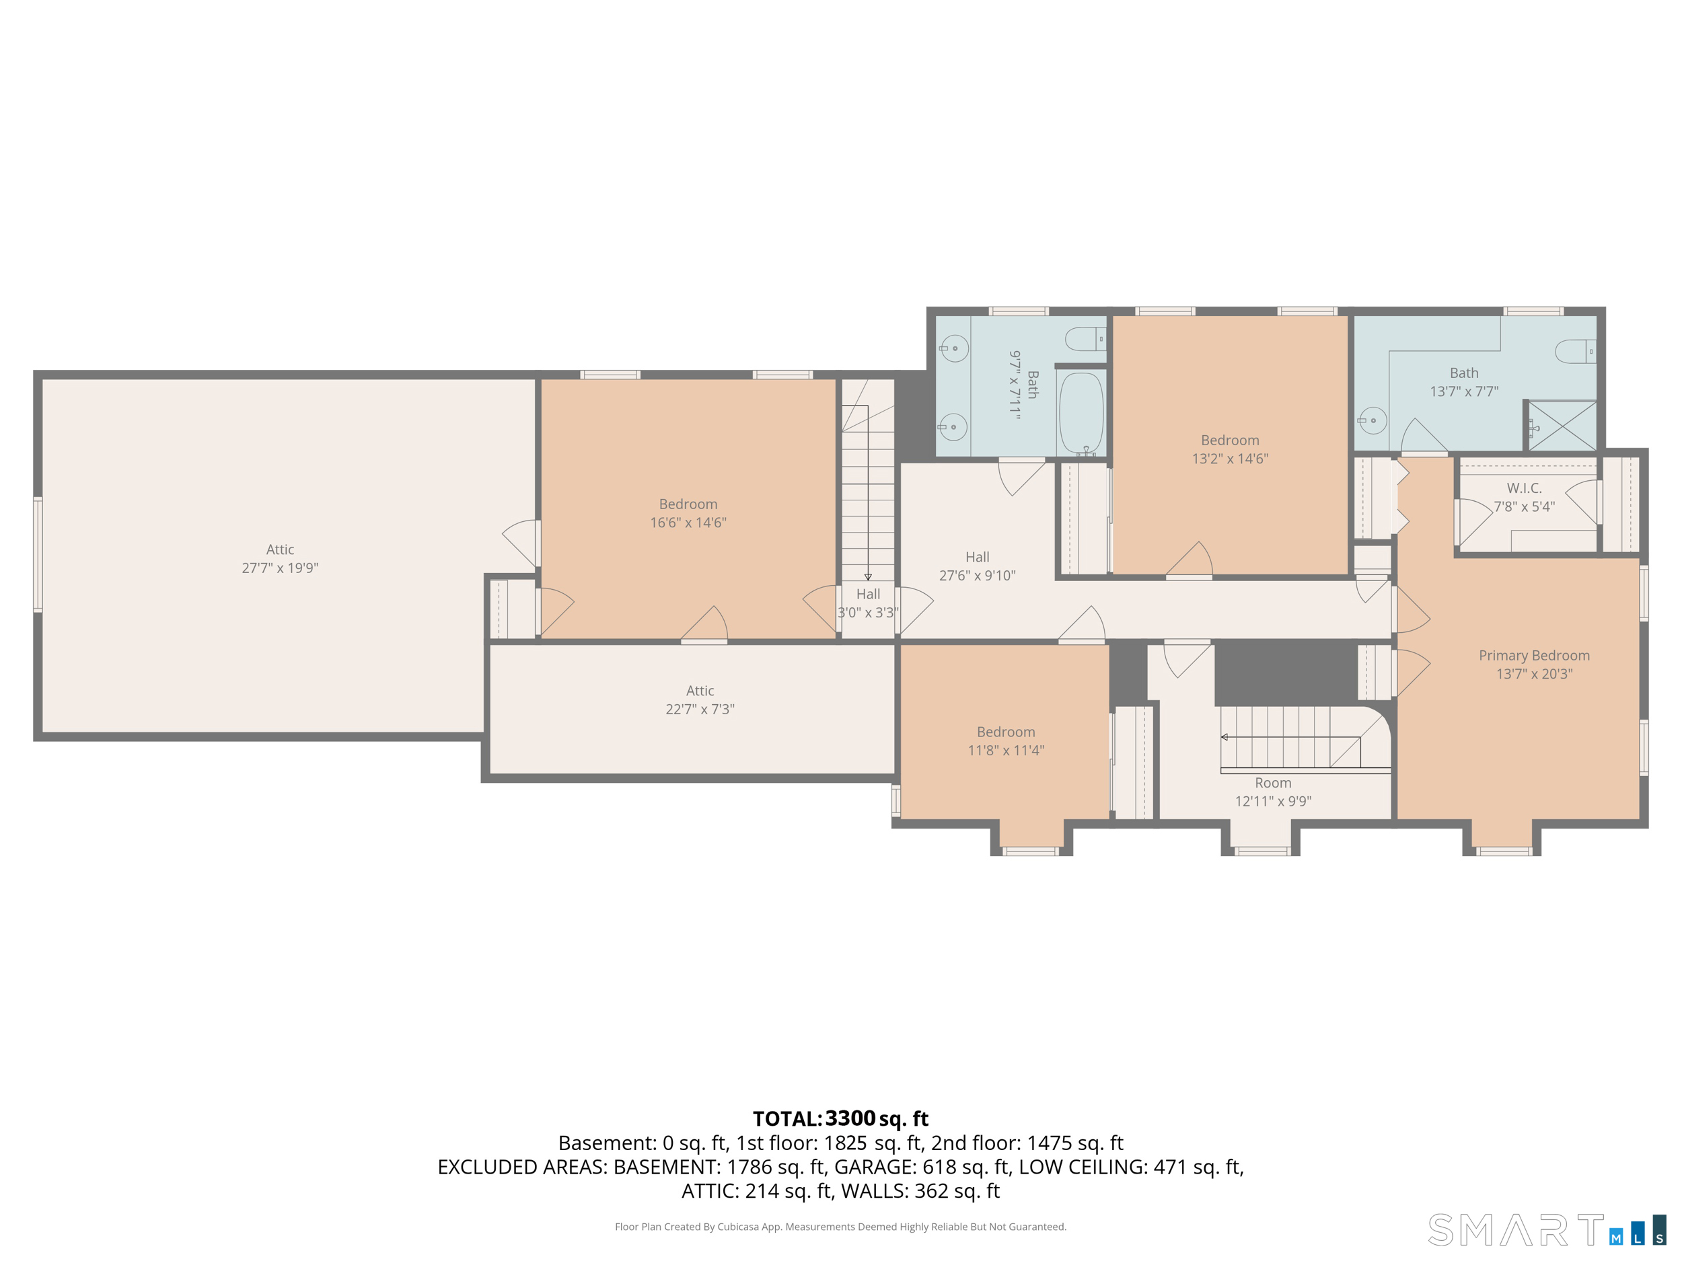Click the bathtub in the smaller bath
[1081, 413]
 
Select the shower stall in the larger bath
[1562, 426]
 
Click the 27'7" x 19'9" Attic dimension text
[280, 568]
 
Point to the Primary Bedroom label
[1534, 655]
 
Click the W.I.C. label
[1524, 488]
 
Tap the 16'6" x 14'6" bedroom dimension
[688, 522]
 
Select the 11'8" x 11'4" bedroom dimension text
[1005, 751]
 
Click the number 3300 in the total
[850, 1118]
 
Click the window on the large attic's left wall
[37, 554]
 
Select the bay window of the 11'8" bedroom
[1031, 851]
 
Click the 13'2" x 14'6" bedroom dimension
[1230, 459]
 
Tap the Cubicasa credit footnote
[840, 1226]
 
